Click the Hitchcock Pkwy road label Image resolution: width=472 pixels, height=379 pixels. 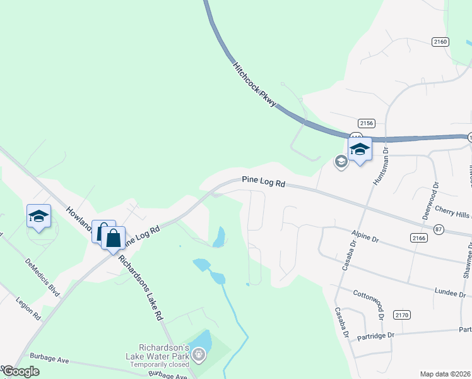click(x=255, y=84)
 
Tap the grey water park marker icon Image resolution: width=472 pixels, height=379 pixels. click(x=199, y=356)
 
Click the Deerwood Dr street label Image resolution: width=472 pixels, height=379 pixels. click(x=435, y=200)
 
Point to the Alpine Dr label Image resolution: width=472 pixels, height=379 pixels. click(x=366, y=239)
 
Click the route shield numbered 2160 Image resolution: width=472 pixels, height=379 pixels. click(x=440, y=42)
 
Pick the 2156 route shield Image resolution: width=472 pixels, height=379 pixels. click(x=366, y=123)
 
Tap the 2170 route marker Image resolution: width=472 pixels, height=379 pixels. click(x=402, y=315)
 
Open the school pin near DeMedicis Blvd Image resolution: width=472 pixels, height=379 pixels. click(x=38, y=217)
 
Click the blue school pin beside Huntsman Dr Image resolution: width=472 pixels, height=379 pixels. click(x=360, y=150)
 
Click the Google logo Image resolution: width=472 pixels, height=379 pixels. click(x=21, y=371)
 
